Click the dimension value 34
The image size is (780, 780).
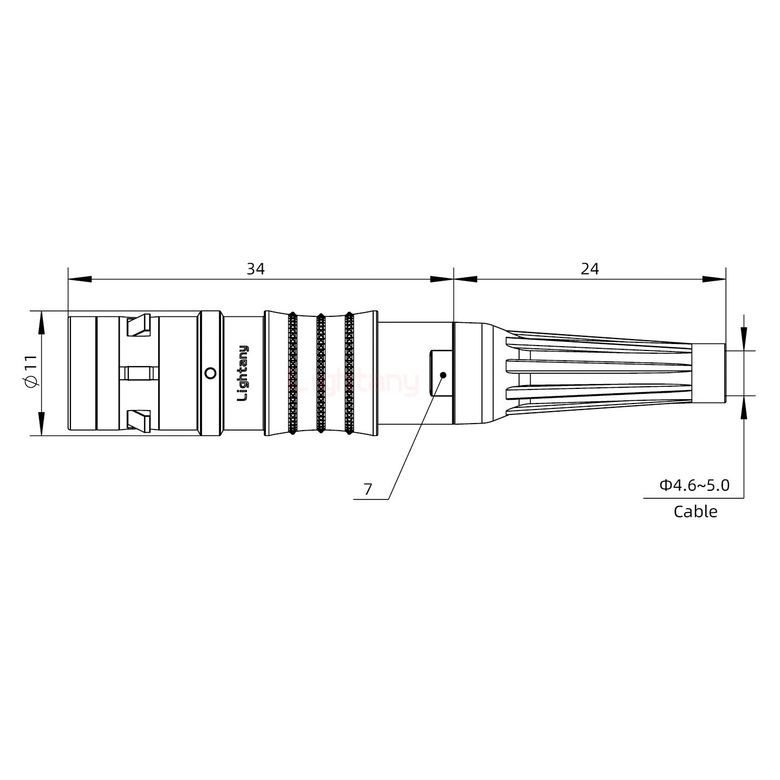coord(256,269)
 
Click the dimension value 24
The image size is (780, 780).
coord(590,269)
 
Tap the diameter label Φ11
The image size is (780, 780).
coord(31,373)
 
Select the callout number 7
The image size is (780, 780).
coord(368,490)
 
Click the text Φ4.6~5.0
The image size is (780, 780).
coord(694,485)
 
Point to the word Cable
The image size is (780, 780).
coord(695,511)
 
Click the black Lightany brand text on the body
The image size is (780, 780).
coord(243,373)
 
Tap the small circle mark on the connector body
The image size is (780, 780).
coord(211,373)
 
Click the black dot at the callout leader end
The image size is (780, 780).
coord(443,375)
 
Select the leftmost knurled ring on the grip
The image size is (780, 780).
coord(292,373)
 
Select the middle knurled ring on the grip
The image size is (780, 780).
coord(321,373)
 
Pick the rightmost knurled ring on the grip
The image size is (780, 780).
coord(349,373)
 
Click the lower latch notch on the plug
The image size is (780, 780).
coord(138,420)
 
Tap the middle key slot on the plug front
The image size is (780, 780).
coord(138,373)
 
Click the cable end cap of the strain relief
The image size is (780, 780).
coord(709,373)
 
